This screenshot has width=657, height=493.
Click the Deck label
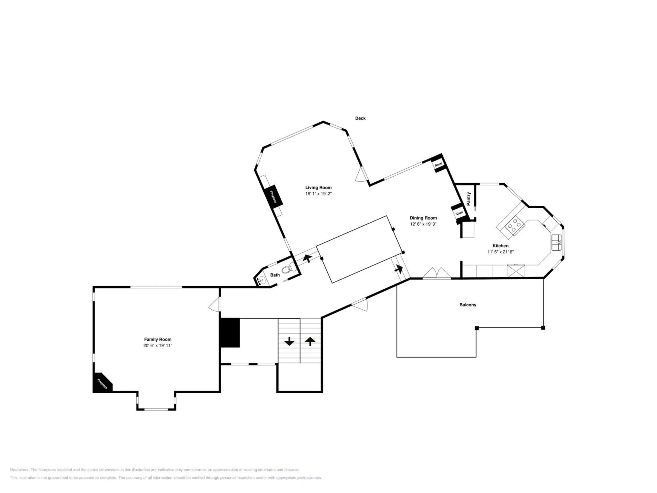tap(360, 118)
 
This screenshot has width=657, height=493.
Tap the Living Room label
tap(318, 188)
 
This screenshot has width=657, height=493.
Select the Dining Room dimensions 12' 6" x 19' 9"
tap(423, 224)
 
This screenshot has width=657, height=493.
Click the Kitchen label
tap(500, 246)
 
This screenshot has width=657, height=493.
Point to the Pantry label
tap(469, 199)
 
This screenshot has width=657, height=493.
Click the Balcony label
tap(468, 305)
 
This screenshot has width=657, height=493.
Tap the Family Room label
tap(158, 339)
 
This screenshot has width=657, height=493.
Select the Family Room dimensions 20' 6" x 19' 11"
tap(158, 346)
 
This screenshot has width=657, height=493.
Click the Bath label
tap(275, 275)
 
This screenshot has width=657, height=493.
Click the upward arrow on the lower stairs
tap(310, 341)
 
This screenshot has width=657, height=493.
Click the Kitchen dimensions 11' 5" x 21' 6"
tap(500, 252)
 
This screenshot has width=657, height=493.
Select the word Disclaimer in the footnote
tap(20, 470)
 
